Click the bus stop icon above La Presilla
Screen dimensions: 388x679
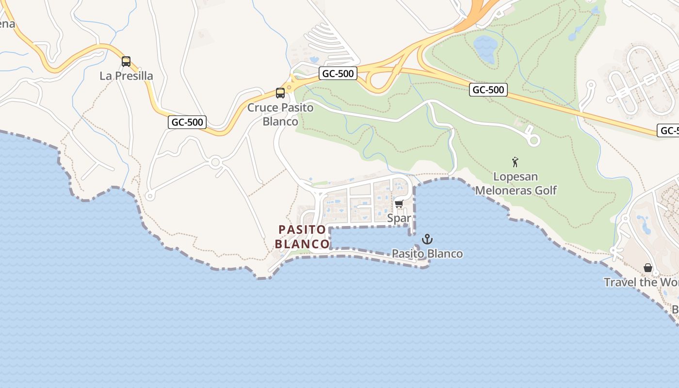[x=126, y=62]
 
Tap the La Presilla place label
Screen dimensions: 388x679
[x=126, y=76]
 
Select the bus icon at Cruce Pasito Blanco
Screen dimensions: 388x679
[x=280, y=93]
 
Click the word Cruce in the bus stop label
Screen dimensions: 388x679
[x=263, y=108]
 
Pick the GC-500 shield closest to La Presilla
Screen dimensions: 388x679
[x=188, y=122]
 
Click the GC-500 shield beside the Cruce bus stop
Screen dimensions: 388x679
[x=338, y=74]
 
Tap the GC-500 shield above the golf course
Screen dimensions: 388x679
[x=488, y=90]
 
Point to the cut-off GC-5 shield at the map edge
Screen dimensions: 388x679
[x=668, y=131]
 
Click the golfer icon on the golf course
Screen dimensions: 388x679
[x=515, y=162]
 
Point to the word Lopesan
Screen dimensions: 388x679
[x=515, y=177]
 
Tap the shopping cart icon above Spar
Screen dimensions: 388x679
[x=399, y=204]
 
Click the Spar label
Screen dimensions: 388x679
[x=399, y=219]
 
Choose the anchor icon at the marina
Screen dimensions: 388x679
[x=427, y=239]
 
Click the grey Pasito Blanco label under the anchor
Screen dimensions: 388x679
[x=427, y=254]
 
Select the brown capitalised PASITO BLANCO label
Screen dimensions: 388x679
[x=302, y=236]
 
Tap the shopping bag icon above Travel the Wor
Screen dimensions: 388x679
[x=647, y=268]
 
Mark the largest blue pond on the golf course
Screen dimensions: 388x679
[x=485, y=48]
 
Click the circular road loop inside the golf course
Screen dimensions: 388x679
[x=533, y=141]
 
